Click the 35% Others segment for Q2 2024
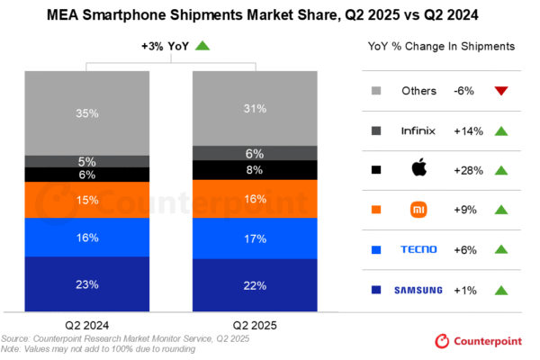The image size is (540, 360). (87, 112)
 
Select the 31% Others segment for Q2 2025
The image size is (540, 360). (256, 108)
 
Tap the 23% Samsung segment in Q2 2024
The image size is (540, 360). (87, 284)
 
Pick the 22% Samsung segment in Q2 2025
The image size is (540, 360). (256, 285)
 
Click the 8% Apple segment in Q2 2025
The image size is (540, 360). (256, 169)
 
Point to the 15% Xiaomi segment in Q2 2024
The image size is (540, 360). (87, 200)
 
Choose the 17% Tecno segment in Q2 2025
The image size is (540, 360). (256, 238)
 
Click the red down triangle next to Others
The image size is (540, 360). (501, 91)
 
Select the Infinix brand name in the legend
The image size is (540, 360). (418, 130)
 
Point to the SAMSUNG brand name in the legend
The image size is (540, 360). (418, 289)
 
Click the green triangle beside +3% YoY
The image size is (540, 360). (203, 46)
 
